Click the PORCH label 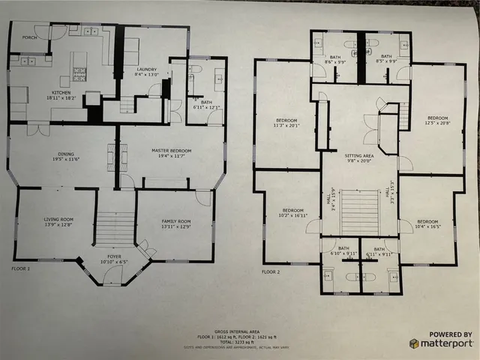tap(29, 37)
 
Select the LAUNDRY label tap(145, 70)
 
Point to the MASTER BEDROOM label tap(171, 151)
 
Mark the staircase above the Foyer tap(116, 227)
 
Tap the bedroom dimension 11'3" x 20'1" tap(286, 126)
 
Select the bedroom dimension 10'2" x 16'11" tap(292, 214)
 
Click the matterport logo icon tap(415, 343)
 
